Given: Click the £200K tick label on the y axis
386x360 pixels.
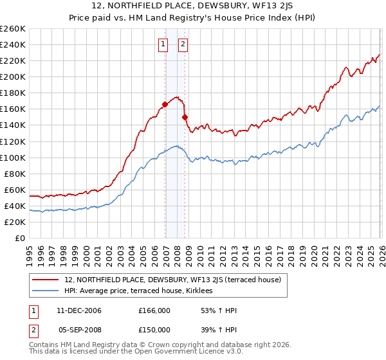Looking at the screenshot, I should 13,76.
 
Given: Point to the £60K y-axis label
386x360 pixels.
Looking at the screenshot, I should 15,190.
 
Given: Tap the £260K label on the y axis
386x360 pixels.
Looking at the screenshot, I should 13,28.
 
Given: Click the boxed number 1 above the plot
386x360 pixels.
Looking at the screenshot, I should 163,44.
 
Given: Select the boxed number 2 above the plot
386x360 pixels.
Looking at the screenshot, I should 183,44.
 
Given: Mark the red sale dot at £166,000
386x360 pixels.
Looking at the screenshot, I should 165,104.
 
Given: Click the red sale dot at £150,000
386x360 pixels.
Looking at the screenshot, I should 185,117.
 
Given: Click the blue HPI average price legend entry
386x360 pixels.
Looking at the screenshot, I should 143,291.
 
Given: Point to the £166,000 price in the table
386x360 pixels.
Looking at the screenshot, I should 154,310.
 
